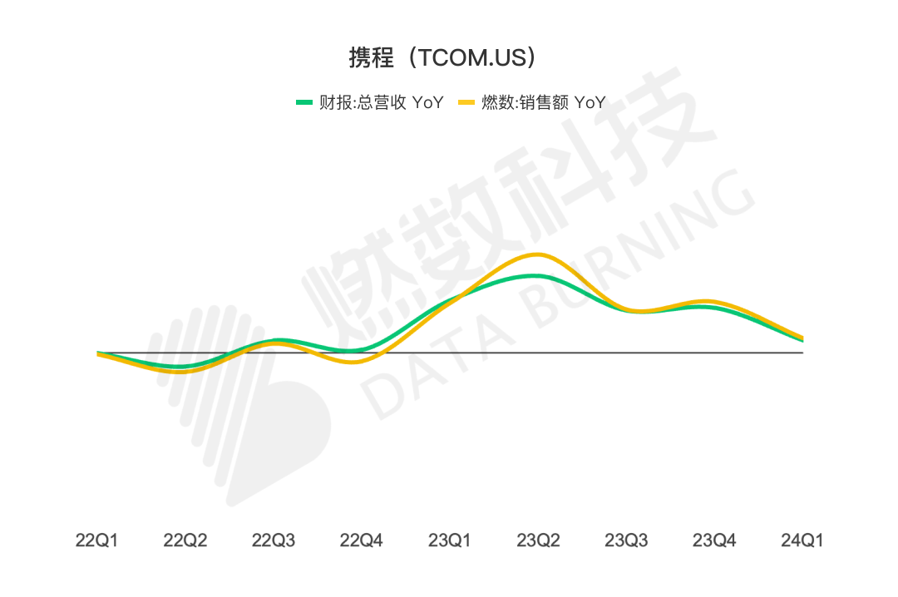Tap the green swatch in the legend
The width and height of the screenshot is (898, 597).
(x=304, y=103)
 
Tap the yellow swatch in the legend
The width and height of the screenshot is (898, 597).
(x=467, y=103)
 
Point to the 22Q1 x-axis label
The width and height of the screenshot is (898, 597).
(x=96, y=540)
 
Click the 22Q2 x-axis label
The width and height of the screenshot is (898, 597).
(x=185, y=540)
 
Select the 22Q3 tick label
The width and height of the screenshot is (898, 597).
(x=273, y=540)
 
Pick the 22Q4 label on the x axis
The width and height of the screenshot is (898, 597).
(x=361, y=540)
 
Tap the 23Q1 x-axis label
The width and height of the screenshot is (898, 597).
(x=449, y=540)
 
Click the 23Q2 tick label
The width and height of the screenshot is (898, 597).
(x=538, y=540)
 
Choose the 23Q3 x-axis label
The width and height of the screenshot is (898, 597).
(x=626, y=540)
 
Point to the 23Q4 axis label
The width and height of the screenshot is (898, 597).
(x=714, y=540)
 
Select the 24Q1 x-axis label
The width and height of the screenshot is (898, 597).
(x=802, y=540)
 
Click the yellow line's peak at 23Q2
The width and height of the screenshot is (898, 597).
(x=538, y=254)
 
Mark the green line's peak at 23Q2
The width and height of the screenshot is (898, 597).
(x=532, y=275)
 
